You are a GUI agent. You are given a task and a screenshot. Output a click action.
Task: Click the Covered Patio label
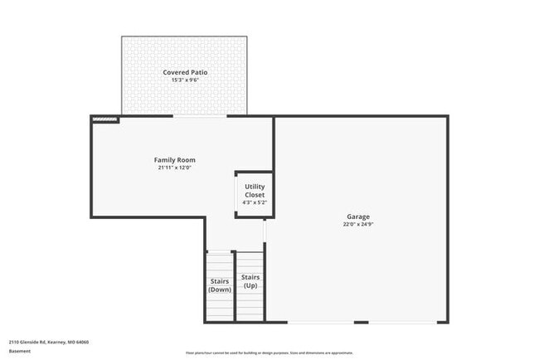tap(185, 72)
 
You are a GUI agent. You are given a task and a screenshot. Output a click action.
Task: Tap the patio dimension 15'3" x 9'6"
tap(185, 80)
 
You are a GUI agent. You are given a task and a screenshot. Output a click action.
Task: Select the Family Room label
tap(175, 159)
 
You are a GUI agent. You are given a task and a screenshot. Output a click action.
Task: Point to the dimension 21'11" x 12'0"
tap(175, 168)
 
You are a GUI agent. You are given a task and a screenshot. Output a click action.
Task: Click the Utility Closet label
tap(255, 191)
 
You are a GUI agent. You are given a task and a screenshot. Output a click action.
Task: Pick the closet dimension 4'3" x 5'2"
tap(255, 202)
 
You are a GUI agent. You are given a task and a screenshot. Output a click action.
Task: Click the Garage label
tap(358, 216)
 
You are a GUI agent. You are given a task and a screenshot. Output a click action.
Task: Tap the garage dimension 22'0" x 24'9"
tap(358, 225)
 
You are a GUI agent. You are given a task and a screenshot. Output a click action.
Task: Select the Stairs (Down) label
tap(220, 285)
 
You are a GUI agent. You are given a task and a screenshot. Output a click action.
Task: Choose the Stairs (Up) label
tap(250, 281)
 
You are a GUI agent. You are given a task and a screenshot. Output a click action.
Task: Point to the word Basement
tap(20, 351)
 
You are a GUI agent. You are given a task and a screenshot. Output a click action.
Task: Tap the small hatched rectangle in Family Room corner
tap(104, 119)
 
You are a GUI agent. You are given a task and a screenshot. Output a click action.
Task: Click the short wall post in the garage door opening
tap(362, 322)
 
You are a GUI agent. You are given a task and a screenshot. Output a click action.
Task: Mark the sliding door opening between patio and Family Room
tap(200, 116)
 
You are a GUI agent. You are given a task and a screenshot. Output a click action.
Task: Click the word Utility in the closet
tap(255, 187)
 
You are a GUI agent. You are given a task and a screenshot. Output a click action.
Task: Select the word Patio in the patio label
tap(197, 72)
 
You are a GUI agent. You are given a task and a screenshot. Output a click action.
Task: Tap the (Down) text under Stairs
tap(220, 289)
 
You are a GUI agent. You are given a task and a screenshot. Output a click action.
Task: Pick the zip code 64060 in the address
tap(83, 342)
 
